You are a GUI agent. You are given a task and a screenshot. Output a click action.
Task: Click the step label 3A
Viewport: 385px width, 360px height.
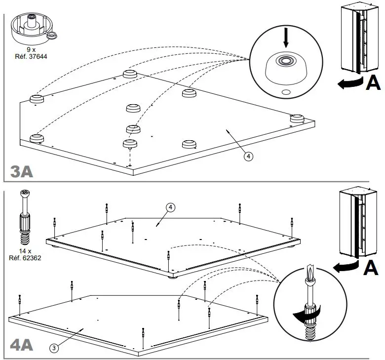(x=22, y=171)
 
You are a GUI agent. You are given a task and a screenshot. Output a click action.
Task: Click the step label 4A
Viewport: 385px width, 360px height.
(x=22, y=346)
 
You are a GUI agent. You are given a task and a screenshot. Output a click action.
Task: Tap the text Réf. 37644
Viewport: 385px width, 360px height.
(x=31, y=56)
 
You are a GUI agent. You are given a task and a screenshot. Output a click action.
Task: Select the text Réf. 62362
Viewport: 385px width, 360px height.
(x=25, y=258)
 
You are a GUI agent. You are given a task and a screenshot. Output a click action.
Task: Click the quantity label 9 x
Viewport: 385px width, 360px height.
(x=31, y=50)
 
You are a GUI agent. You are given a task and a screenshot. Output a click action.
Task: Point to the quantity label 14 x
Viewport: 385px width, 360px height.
(x=25, y=251)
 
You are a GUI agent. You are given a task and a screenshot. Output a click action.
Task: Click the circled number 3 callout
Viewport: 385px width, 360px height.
(x=54, y=348)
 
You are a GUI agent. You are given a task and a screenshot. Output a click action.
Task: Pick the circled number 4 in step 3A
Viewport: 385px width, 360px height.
(x=248, y=156)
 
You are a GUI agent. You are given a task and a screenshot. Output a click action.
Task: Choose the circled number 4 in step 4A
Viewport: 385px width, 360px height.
(x=171, y=207)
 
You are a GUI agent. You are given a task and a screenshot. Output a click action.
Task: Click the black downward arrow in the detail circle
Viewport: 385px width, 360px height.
(x=286, y=38)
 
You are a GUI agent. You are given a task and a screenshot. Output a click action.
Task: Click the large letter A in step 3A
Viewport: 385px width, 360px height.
(x=373, y=82)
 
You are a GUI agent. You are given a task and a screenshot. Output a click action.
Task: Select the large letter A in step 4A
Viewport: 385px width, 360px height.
(x=371, y=267)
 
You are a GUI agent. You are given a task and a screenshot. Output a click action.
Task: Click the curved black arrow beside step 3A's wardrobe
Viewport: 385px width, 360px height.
(x=350, y=83)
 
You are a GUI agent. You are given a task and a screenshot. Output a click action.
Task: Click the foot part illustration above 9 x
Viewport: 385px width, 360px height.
(x=34, y=30)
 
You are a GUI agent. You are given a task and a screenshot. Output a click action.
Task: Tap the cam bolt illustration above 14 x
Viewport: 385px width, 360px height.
(x=25, y=217)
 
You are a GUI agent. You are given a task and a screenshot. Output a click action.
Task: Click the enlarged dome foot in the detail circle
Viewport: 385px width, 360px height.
(x=286, y=68)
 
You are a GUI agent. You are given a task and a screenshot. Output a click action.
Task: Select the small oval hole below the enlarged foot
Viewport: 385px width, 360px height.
(x=286, y=92)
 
